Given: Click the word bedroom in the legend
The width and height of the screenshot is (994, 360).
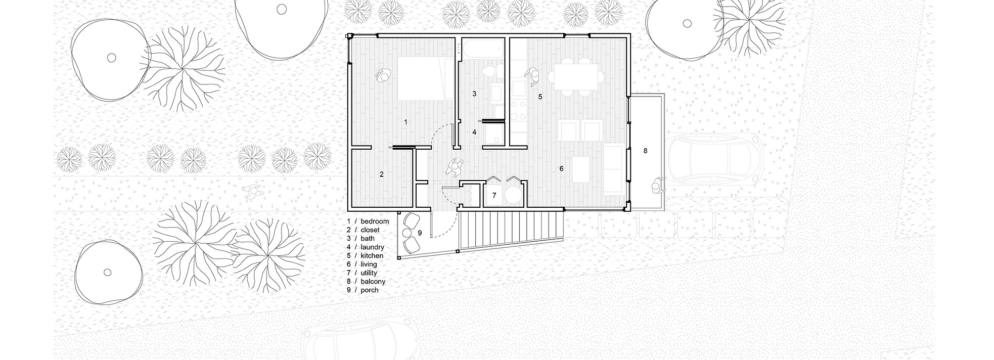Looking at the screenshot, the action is [x=375, y=221].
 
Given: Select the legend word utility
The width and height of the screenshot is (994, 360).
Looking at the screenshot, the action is [x=369, y=273].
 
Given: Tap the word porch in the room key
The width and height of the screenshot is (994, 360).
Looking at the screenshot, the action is [x=370, y=290].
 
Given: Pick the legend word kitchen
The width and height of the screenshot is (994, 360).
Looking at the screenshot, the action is [x=372, y=256].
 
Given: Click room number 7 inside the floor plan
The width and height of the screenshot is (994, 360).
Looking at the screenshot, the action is [x=494, y=195].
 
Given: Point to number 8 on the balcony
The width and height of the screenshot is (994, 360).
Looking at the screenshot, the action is [x=645, y=151].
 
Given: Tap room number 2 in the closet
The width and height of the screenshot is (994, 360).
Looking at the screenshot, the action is [x=382, y=174].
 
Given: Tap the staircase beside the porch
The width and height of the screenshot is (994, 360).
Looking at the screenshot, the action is [x=511, y=230].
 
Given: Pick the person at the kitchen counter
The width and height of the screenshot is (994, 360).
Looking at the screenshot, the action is [x=532, y=76].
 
